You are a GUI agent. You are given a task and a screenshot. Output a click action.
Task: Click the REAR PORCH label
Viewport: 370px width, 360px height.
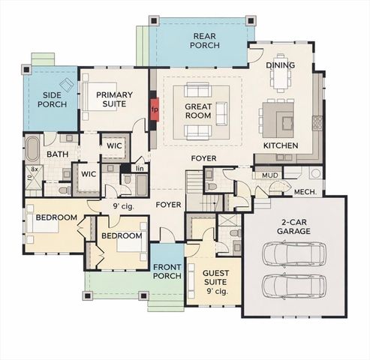(x=205, y=40)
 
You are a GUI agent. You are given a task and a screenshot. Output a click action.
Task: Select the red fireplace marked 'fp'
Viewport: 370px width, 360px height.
(x=155, y=109)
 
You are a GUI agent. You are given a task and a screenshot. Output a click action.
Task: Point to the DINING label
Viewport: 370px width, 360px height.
(x=280, y=65)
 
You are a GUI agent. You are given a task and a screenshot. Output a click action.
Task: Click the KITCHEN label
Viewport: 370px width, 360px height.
(x=281, y=145)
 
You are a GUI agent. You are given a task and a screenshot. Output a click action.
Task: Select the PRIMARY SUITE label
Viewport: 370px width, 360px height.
(x=114, y=98)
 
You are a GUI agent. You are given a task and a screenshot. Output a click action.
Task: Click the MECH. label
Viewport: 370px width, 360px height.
(x=303, y=191)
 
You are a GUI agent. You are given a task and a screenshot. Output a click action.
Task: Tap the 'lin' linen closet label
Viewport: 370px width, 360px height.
(x=140, y=169)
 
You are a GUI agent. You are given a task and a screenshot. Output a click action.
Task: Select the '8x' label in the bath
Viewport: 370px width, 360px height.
(x=33, y=170)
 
